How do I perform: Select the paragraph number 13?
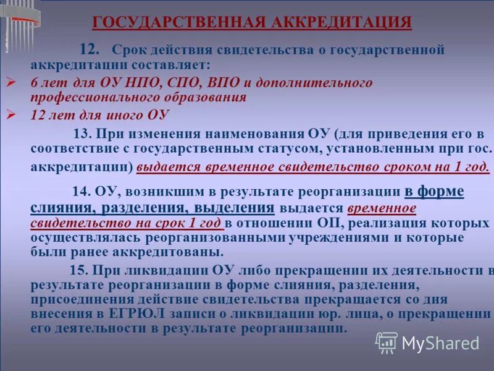point(82,134)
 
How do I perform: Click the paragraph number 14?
point(82,192)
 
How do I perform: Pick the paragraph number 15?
point(80,270)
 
